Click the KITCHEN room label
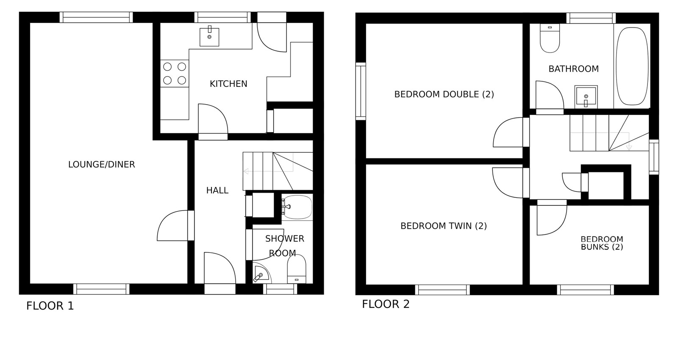(x=228, y=84)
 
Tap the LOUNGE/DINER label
(x=101, y=165)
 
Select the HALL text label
(x=217, y=191)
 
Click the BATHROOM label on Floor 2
(x=574, y=69)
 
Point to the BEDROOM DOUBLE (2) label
(x=444, y=94)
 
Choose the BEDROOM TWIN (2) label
(x=443, y=226)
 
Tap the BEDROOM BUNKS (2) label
(x=602, y=243)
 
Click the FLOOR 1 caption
(x=50, y=306)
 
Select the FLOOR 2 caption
(x=386, y=304)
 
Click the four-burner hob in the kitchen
(x=175, y=74)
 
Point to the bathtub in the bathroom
(x=632, y=66)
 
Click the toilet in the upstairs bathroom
(x=550, y=38)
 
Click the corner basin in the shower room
(x=261, y=274)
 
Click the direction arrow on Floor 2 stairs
(x=629, y=147)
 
